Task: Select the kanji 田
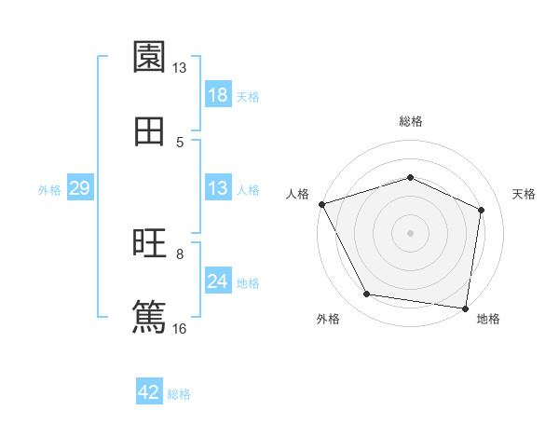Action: click(x=149, y=131)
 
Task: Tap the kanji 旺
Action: click(x=149, y=243)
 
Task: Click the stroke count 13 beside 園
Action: click(x=179, y=68)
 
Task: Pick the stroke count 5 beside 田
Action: click(x=180, y=142)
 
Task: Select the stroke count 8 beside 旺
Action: click(x=180, y=253)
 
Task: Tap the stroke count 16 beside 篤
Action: click(x=180, y=327)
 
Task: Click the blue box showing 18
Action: click(x=218, y=95)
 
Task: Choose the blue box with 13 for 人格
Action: click(x=218, y=188)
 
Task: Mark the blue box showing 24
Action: click(x=218, y=281)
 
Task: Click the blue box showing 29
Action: click(x=79, y=188)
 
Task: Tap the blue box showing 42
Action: click(x=149, y=392)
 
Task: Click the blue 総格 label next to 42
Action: click(x=179, y=394)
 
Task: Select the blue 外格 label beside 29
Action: click(x=49, y=189)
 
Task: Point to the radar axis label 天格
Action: click(x=524, y=194)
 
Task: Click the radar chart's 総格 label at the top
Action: click(x=411, y=121)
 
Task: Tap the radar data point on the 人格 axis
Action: click(x=321, y=204)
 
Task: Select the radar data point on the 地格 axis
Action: click(x=466, y=308)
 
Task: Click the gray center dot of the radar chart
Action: click(x=411, y=232)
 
